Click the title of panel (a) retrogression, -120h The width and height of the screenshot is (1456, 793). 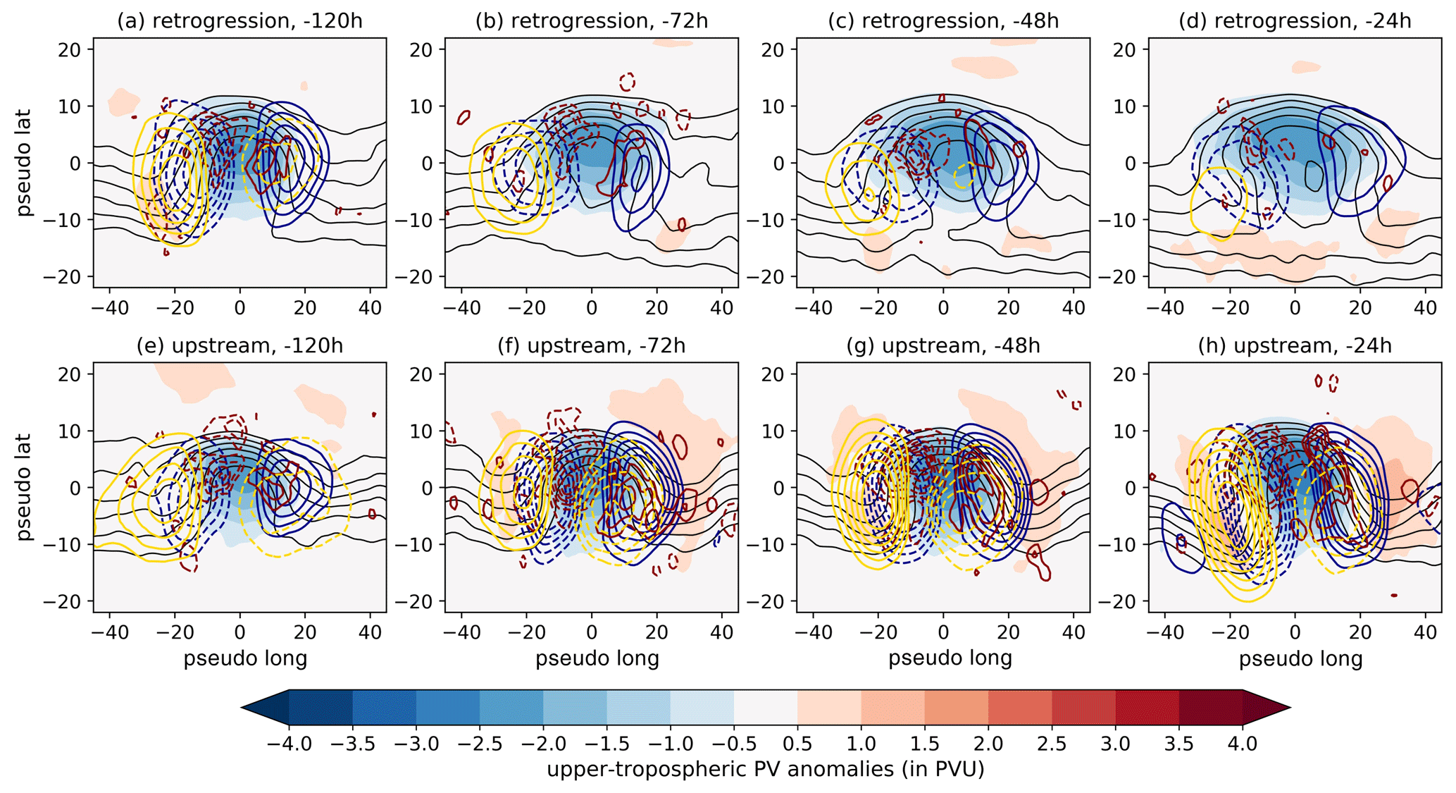point(239,21)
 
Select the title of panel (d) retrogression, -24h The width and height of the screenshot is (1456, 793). point(1295,21)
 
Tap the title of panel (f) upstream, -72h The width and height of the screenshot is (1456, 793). point(591,346)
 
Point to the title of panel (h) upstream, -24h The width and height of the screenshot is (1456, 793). point(1295,346)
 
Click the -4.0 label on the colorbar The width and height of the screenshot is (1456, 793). point(289,744)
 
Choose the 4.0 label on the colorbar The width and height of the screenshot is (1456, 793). point(1243,744)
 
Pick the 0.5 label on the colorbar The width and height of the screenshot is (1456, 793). point(797,744)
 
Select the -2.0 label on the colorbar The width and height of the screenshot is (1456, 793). point(543,744)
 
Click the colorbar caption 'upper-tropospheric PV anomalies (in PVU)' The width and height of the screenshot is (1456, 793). point(765,769)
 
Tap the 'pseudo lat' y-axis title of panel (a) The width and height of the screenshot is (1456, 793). point(25,162)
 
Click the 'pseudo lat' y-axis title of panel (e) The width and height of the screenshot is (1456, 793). point(25,487)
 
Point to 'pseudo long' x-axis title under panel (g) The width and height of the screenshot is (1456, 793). point(950,658)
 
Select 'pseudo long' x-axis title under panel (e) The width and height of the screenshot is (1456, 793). point(245,658)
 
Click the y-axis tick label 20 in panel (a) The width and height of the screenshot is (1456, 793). point(72,49)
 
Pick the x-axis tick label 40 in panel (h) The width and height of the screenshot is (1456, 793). point(1425,632)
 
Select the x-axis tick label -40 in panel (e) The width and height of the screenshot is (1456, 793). point(111,632)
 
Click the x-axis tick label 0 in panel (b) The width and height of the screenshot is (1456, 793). point(592,307)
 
